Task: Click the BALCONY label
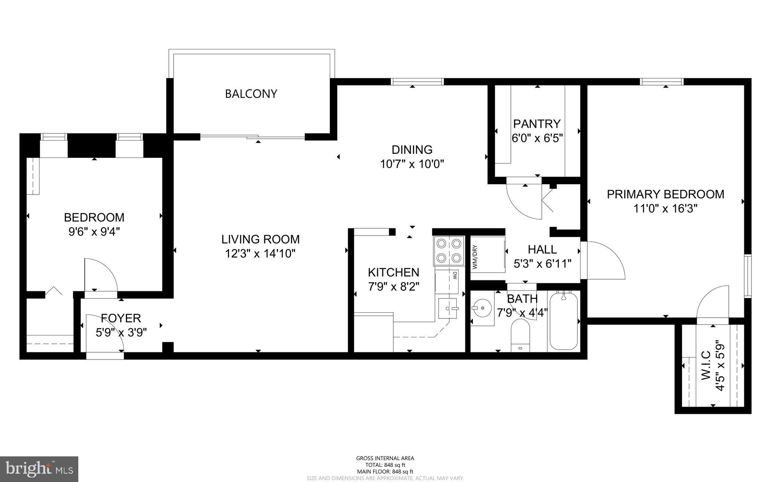[251, 94]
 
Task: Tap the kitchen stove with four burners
[448, 251]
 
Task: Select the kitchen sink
[448, 309]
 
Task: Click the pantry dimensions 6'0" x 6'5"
[537, 138]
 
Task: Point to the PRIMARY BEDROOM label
[665, 194]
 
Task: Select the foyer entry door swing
[104, 334]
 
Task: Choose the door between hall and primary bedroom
[602, 260]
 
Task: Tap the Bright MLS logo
[39, 468]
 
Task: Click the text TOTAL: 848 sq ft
[385, 465]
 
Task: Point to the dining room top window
[417, 81]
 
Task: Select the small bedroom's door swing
[100, 275]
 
